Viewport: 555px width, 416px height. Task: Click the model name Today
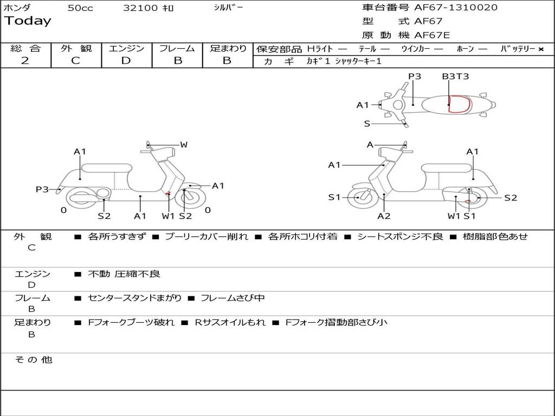(28, 21)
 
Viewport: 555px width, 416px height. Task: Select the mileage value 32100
(140, 8)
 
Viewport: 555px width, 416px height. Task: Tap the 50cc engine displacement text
(80, 8)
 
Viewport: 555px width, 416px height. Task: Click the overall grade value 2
(25, 61)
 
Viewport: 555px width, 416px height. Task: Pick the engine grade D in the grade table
(126, 61)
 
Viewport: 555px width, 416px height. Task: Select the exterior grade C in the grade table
(76, 61)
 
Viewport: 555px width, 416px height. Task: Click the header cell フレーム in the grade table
(177, 48)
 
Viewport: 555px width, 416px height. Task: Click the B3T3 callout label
(455, 76)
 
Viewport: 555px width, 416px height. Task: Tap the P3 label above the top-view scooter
(415, 76)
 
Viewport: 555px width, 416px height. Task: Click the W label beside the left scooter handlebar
(184, 145)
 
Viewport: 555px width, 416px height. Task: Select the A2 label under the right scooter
(384, 216)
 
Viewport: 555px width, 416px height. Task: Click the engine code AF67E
(432, 35)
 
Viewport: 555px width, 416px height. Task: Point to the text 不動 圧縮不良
(124, 274)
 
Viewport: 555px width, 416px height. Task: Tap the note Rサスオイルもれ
(230, 322)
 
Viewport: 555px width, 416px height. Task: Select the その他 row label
(33, 360)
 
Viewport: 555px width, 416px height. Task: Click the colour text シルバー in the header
(228, 8)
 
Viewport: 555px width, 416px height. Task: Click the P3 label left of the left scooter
(42, 189)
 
